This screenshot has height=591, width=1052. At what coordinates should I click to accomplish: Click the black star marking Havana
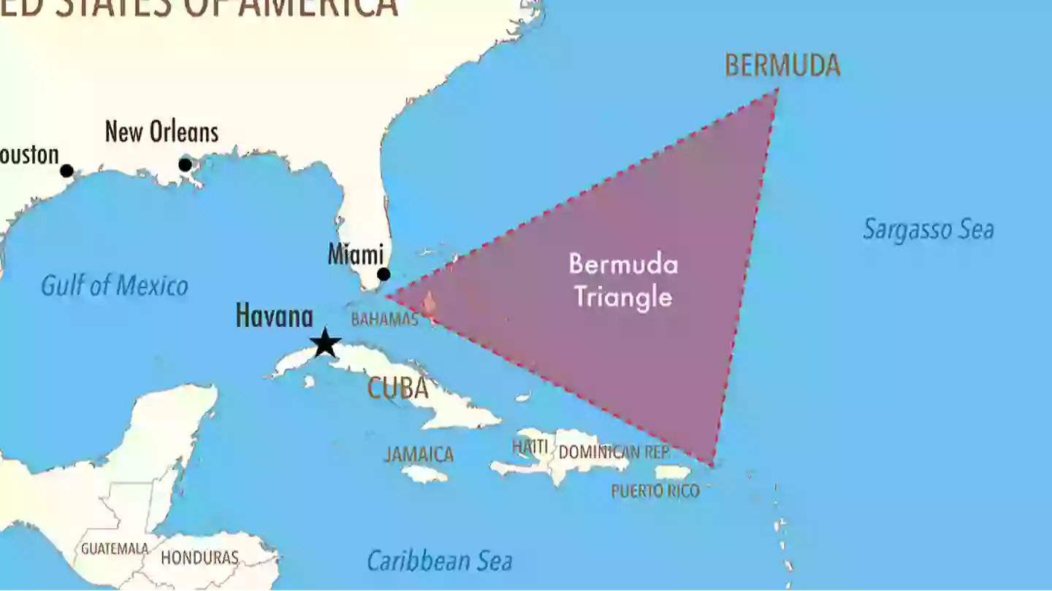324,343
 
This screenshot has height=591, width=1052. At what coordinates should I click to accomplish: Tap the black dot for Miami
384,274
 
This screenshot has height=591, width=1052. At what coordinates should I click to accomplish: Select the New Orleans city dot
185,165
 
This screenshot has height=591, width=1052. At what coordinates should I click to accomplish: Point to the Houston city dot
66,171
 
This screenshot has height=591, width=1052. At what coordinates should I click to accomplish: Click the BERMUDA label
782,66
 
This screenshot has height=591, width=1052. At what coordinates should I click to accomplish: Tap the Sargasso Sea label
928,230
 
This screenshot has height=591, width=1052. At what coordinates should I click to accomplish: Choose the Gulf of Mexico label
115,285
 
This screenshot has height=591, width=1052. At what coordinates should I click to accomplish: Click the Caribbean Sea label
439,561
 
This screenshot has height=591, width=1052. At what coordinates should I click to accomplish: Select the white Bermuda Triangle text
623,280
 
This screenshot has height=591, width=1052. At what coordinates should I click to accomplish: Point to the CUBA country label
397,388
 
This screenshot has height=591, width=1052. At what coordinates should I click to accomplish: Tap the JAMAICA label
419,455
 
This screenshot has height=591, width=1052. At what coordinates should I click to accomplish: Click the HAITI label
530,446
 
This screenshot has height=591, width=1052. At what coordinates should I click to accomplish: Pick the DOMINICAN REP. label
614,452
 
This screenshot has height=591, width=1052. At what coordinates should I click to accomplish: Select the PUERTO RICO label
655,491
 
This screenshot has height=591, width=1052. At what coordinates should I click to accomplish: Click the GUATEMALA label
115,549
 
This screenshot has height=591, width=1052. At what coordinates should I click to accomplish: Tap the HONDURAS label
199,558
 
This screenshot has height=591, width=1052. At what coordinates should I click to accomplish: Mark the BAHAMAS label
384,320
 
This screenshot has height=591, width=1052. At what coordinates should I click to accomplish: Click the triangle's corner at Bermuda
777,90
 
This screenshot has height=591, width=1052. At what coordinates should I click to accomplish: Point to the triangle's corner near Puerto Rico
712,464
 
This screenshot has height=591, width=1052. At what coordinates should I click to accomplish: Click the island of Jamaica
424,474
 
